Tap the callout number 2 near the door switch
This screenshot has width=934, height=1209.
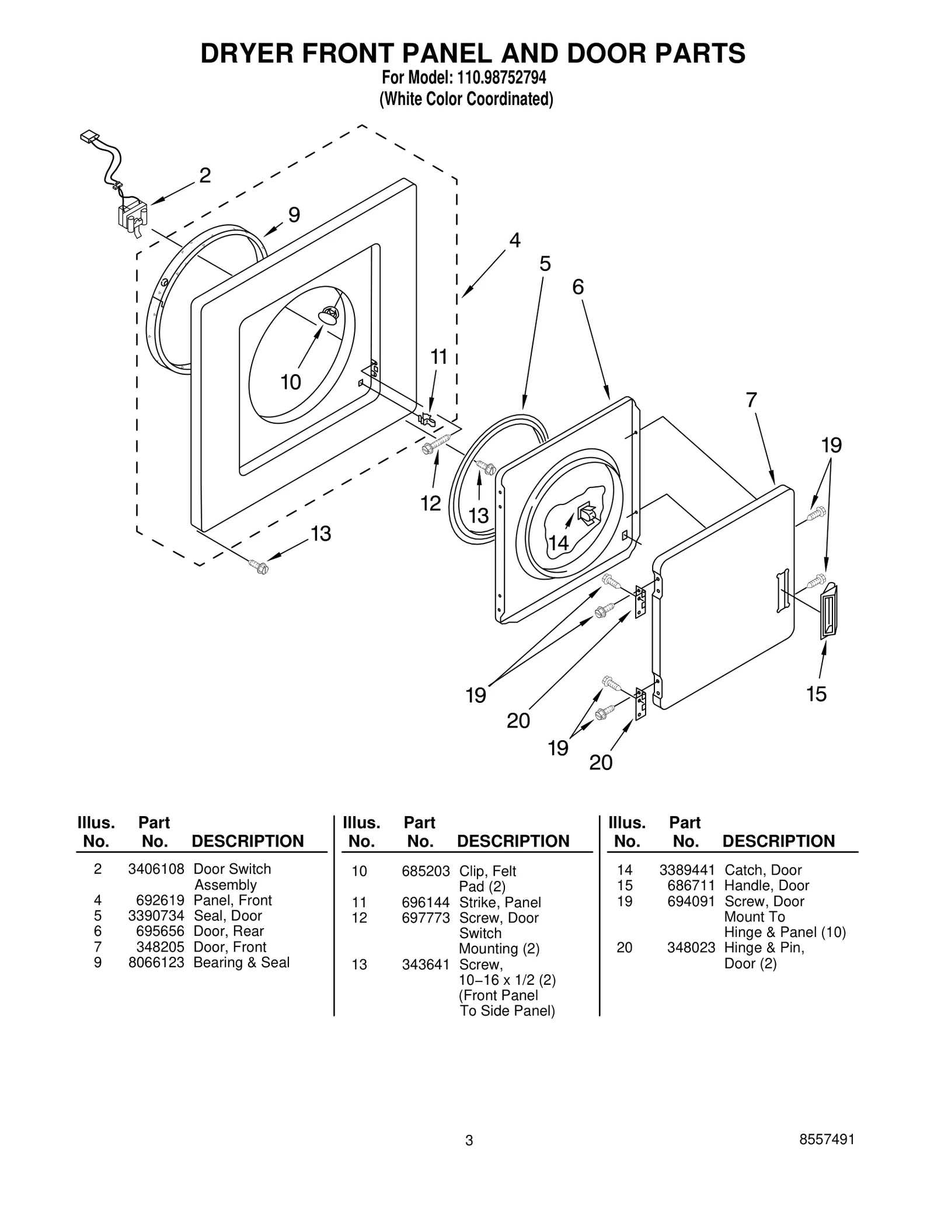point(205,175)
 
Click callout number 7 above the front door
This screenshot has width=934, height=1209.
point(751,400)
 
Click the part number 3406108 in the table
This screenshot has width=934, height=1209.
point(156,869)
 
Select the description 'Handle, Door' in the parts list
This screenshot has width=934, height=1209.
point(766,886)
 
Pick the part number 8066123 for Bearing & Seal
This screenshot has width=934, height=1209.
point(156,962)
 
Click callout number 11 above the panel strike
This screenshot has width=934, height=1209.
point(439,357)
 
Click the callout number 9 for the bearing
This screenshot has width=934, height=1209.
point(294,215)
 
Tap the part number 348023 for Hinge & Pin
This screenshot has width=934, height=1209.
point(691,947)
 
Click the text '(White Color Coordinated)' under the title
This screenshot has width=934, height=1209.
point(466,99)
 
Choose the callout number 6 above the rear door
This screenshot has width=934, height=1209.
point(578,287)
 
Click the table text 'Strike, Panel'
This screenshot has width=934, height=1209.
point(500,902)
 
